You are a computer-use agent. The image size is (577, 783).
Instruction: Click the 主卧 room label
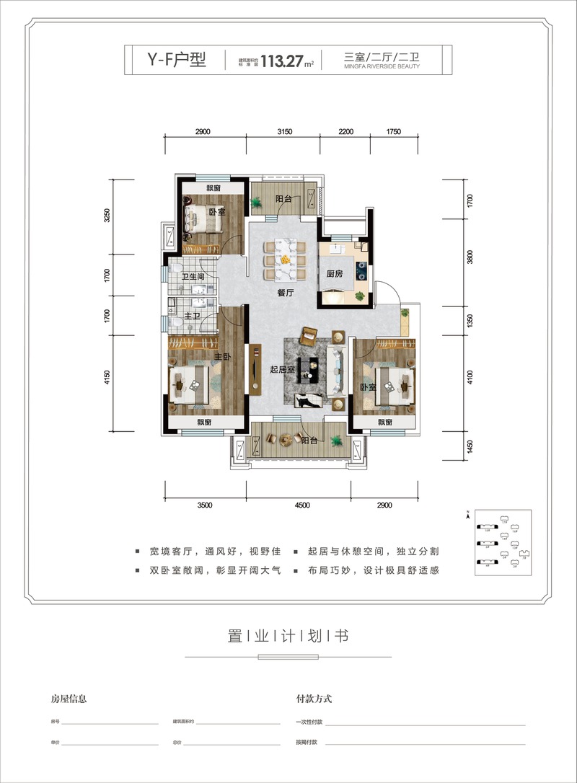[222, 357]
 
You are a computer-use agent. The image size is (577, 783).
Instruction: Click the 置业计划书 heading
[288, 636]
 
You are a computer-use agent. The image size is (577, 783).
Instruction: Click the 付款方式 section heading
[314, 699]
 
